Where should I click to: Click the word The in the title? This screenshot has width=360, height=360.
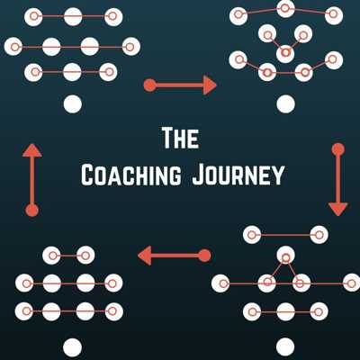point(180,139)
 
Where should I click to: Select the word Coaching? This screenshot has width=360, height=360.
point(131,175)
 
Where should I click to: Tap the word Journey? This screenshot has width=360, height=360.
point(238,175)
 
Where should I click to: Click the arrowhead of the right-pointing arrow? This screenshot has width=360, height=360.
point(210,85)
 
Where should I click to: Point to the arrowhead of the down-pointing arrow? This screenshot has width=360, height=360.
point(338,209)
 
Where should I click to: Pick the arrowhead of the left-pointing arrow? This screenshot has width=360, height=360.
point(145,256)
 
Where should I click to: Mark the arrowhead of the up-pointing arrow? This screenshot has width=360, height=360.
point(32,150)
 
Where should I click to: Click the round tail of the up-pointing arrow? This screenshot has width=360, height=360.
point(32,211)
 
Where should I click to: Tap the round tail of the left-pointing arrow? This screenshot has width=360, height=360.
point(205,256)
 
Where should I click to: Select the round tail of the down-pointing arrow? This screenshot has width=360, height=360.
point(338,149)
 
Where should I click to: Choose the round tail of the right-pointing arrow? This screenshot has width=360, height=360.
point(150,85)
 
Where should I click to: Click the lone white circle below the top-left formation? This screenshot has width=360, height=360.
point(73,104)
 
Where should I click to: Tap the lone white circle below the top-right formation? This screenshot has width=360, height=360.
point(286,104)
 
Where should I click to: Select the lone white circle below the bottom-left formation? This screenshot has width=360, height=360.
point(73,347)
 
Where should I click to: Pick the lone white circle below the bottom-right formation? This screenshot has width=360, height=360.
point(285,347)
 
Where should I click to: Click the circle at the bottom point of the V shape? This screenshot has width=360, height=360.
point(285,53)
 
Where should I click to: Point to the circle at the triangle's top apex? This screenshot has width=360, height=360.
point(285,256)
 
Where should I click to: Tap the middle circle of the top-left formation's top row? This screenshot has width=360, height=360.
point(73,16)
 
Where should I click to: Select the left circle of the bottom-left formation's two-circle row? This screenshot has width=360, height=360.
point(51,256)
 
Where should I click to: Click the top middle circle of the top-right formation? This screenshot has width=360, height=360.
point(285,9)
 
